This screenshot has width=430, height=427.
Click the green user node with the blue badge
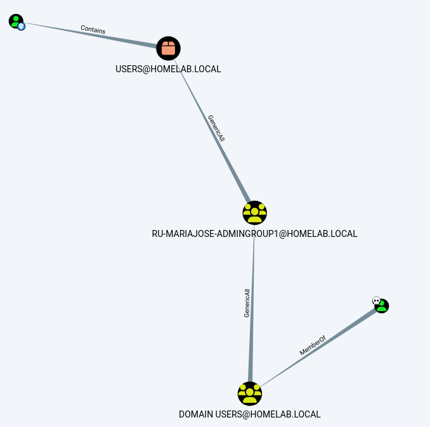pyautogui.click(x=15, y=21)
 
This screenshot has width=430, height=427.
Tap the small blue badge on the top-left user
pyautogui.click(x=21, y=27)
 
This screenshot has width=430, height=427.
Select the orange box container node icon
pyautogui.click(x=168, y=48)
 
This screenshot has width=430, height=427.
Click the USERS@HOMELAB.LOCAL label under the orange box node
pyautogui.click(x=168, y=69)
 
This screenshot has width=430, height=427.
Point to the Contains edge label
pyautogui.click(x=93, y=29)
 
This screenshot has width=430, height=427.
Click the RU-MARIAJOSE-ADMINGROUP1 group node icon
pyautogui.click(x=254, y=212)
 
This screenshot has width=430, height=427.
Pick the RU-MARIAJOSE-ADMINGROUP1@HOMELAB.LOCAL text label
pyautogui.click(x=254, y=234)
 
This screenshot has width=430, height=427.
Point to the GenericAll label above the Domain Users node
pyautogui.click(x=247, y=303)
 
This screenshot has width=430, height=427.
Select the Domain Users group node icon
pyautogui.click(x=250, y=393)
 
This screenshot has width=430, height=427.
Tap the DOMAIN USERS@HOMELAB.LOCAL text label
pyautogui.click(x=250, y=414)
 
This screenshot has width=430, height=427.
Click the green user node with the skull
pyautogui.click(x=382, y=306)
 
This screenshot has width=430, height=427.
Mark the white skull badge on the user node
pyautogui.click(x=375, y=301)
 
